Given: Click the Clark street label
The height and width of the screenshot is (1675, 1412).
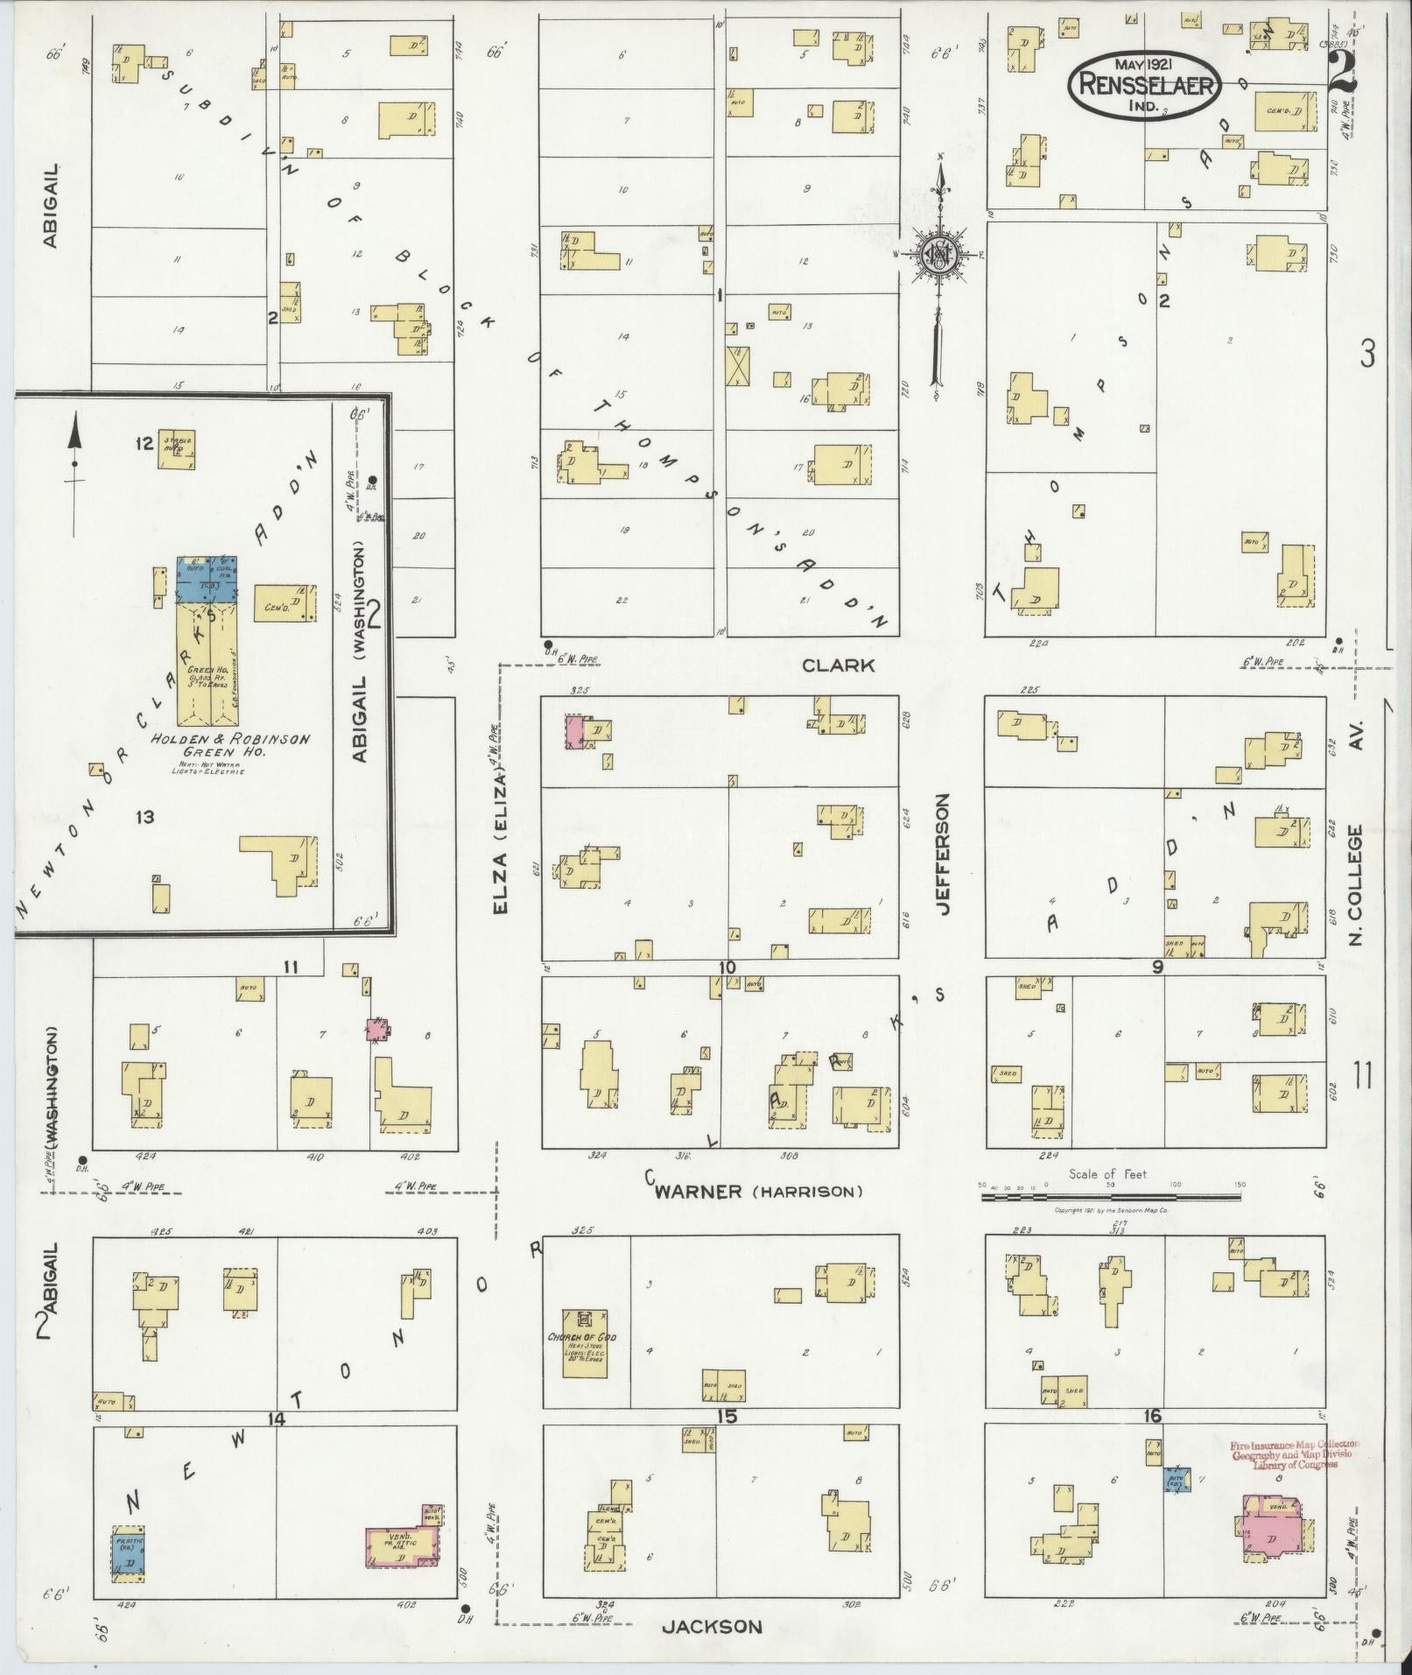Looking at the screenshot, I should (x=838, y=665).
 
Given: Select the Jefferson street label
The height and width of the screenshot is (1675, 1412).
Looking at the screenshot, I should (x=942, y=855).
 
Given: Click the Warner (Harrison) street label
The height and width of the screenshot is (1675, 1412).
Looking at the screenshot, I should (x=758, y=1192).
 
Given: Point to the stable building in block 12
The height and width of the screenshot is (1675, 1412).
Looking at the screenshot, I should (x=176, y=451).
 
